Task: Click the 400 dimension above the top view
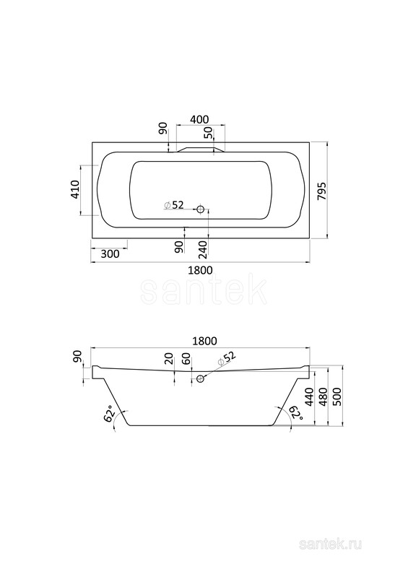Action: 200,120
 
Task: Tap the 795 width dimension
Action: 322,191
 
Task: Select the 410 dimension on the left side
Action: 75,189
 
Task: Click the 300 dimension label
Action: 109,254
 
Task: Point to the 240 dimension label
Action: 204,249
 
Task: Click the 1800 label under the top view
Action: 200,270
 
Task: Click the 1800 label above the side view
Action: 204,341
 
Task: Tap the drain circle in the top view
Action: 201,209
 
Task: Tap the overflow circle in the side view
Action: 201,378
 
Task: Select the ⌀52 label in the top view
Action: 174,205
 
